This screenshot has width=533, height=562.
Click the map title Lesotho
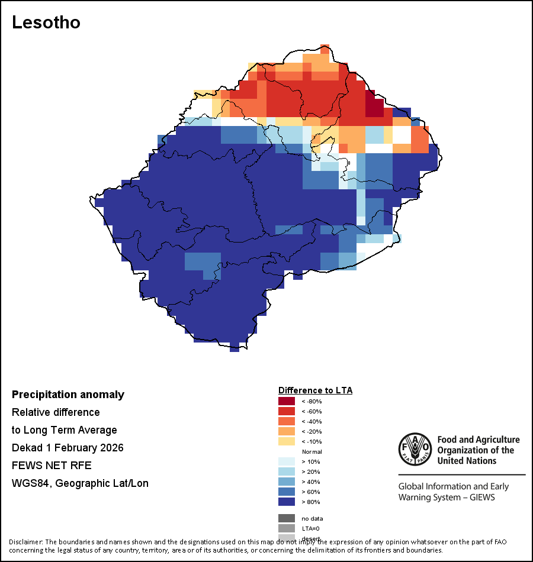pos(46,22)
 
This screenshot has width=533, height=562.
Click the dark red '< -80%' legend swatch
pos(287,402)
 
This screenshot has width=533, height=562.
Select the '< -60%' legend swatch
pos(287,412)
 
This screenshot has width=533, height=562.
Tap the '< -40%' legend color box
pos(287,422)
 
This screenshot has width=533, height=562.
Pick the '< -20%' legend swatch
pos(287,432)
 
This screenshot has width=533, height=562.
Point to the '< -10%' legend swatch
pos(287,442)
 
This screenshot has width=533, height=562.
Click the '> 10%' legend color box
pos(287,462)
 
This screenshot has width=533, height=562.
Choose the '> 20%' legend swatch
pos(287,472)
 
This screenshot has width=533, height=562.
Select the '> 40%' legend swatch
pos(287,482)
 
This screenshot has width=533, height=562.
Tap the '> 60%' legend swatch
pos(287,492)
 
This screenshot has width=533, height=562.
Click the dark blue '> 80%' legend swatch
pos(287,502)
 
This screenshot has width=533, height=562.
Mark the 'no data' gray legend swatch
pos(287,518)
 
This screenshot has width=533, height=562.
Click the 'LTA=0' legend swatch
pos(287,528)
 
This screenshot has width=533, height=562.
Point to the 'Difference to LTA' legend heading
pos(315,390)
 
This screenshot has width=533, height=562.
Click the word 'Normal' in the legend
pos(312,452)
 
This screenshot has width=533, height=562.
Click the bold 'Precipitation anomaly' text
pos(68,395)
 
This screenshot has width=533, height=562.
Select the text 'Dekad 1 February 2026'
pos(68,448)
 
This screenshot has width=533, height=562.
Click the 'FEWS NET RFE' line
pos(52,466)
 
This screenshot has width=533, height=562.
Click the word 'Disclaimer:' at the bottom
pos(25,541)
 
